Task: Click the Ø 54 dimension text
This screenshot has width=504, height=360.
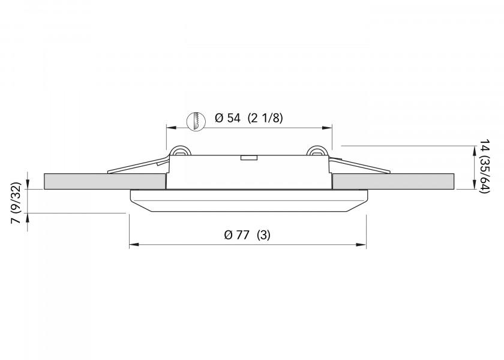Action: pos(227,118)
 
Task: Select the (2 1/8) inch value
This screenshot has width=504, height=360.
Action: pos(265,118)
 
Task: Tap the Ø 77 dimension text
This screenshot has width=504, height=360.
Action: pos(236,235)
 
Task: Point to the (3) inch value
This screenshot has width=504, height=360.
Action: pos(263,235)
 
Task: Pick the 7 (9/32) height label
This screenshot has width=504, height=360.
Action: pos(16,203)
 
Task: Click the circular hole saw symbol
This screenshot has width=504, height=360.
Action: pos(196,121)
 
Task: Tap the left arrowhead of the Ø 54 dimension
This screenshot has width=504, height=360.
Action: pos(171,128)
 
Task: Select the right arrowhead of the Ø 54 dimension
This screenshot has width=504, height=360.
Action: pos(327,128)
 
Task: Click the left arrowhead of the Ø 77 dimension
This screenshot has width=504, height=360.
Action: pos(134,245)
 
